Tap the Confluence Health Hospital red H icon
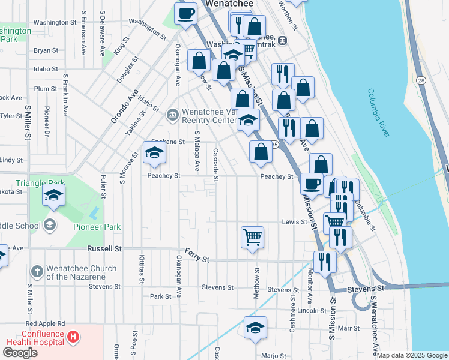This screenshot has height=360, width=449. [73, 337]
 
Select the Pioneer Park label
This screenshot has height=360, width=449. [97, 227]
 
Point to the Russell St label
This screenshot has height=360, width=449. [104, 248]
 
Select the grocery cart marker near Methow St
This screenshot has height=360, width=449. [252, 237]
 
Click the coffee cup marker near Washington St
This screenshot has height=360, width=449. [186, 13]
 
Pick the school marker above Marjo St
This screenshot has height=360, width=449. [256, 327]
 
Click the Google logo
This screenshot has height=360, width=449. [20, 353]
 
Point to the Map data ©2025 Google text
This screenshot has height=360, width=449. [411, 355]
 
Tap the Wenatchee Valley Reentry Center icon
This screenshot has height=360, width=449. [172, 113]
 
